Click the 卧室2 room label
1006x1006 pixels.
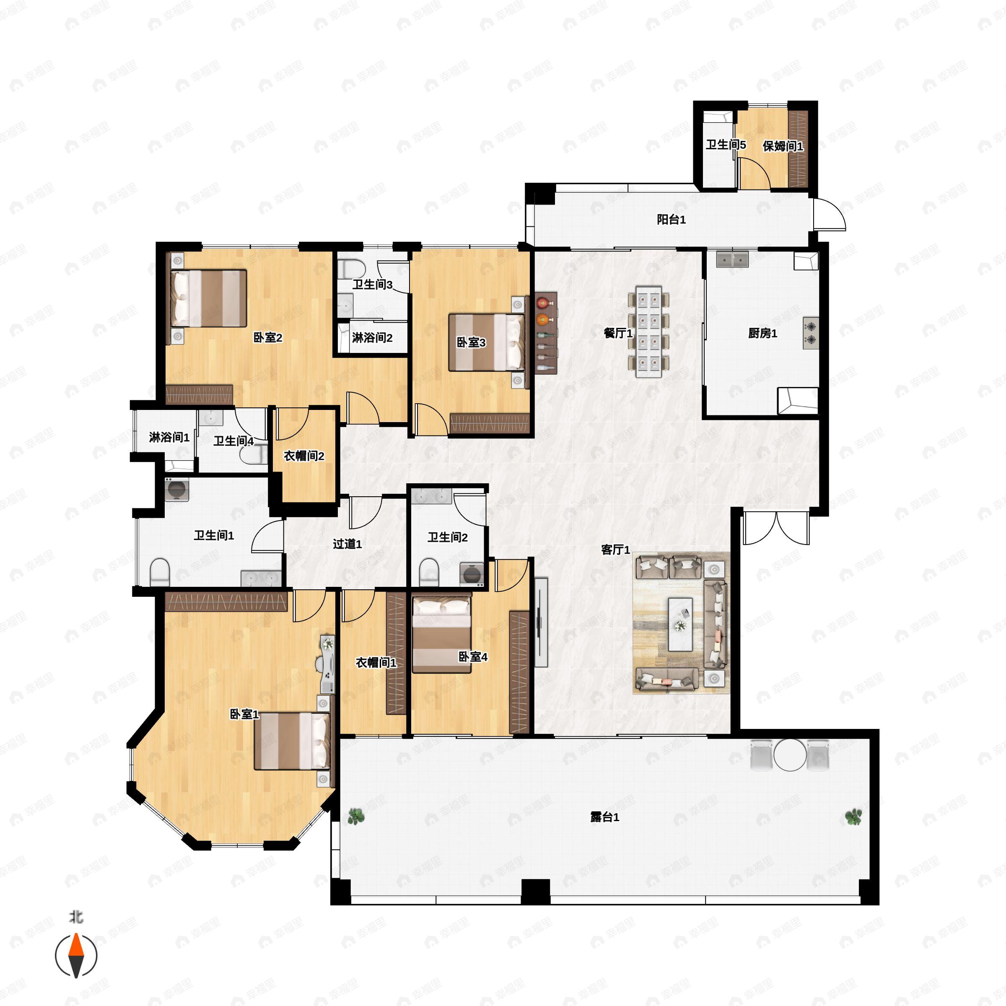click(268, 337)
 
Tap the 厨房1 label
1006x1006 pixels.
click(762, 333)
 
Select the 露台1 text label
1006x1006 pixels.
click(604, 817)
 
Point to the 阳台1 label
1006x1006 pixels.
click(671, 220)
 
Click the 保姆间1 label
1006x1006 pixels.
click(783, 146)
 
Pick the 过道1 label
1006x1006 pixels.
click(347, 544)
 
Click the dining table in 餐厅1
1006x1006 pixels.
click(648, 331)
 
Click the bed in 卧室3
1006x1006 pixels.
click(486, 342)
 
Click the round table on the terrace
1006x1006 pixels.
click(790, 754)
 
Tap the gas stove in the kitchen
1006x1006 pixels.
click(811, 333)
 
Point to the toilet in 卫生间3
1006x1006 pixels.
click(351, 269)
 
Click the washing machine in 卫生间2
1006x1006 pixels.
click(472, 574)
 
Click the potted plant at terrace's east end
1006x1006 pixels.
click(853, 817)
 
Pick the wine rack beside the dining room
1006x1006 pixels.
click(546, 332)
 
